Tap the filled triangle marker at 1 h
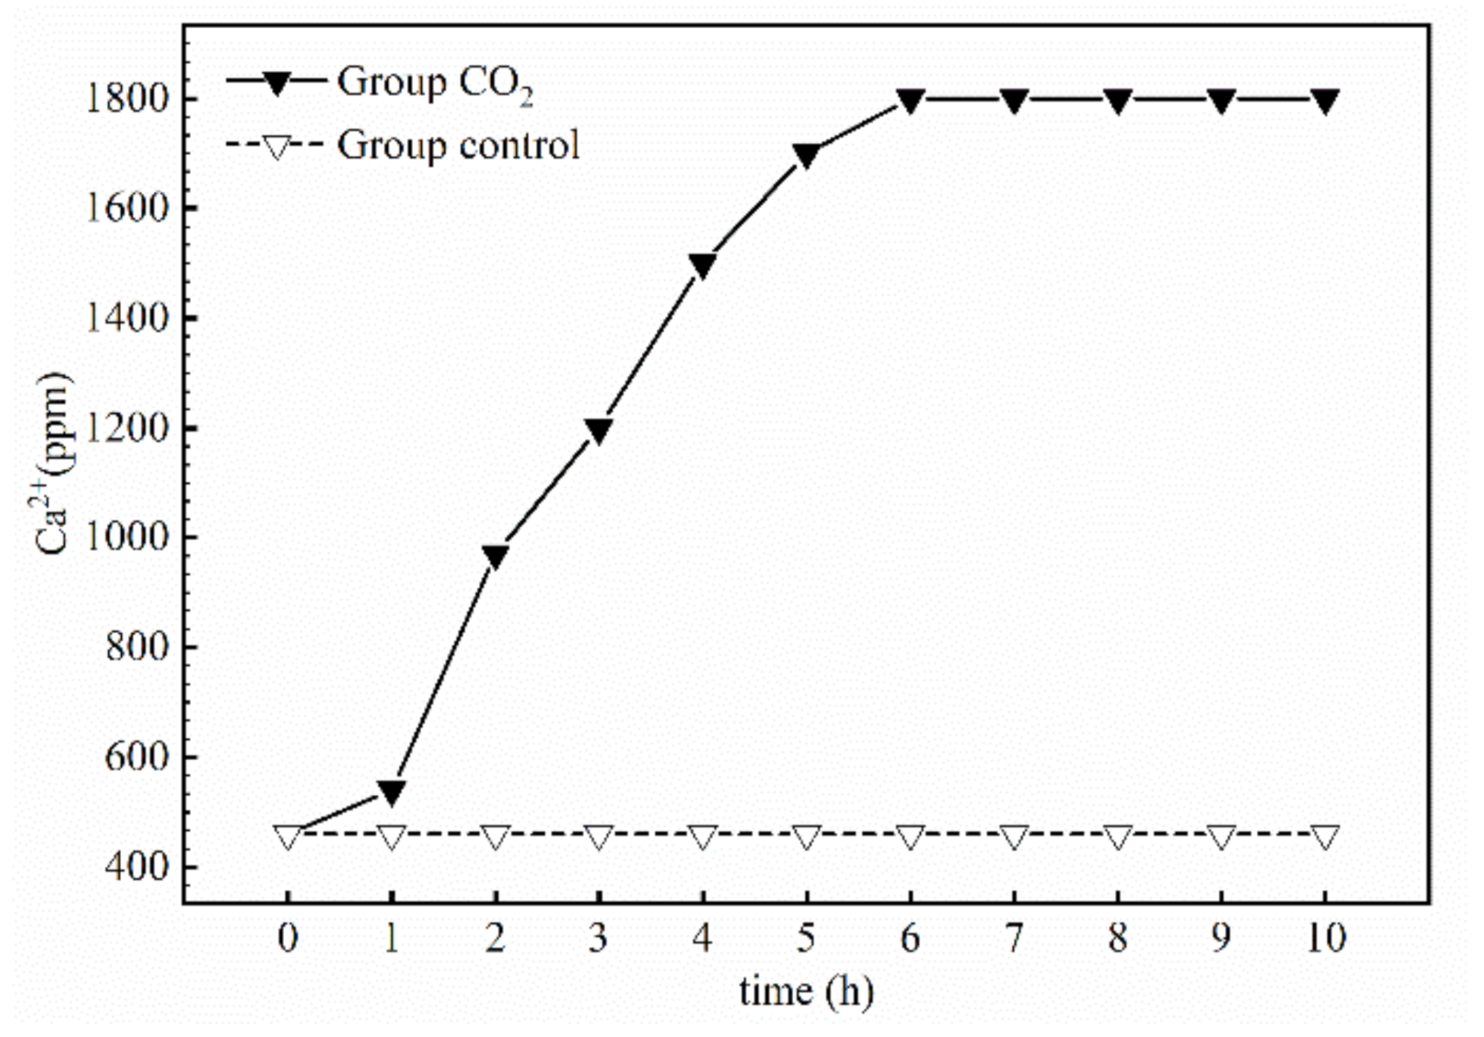click(x=391, y=792)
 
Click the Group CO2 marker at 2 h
click(x=495, y=556)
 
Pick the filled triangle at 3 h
click(x=599, y=430)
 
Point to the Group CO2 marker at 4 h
click(x=702, y=265)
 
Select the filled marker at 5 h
click(x=806, y=155)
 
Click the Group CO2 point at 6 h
click(x=910, y=100)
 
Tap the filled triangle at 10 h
click(x=1325, y=100)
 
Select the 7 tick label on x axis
click(x=1013, y=938)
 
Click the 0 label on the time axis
click(x=288, y=938)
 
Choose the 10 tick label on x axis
click(x=1325, y=938)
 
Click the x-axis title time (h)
click(x=805, y=991)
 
